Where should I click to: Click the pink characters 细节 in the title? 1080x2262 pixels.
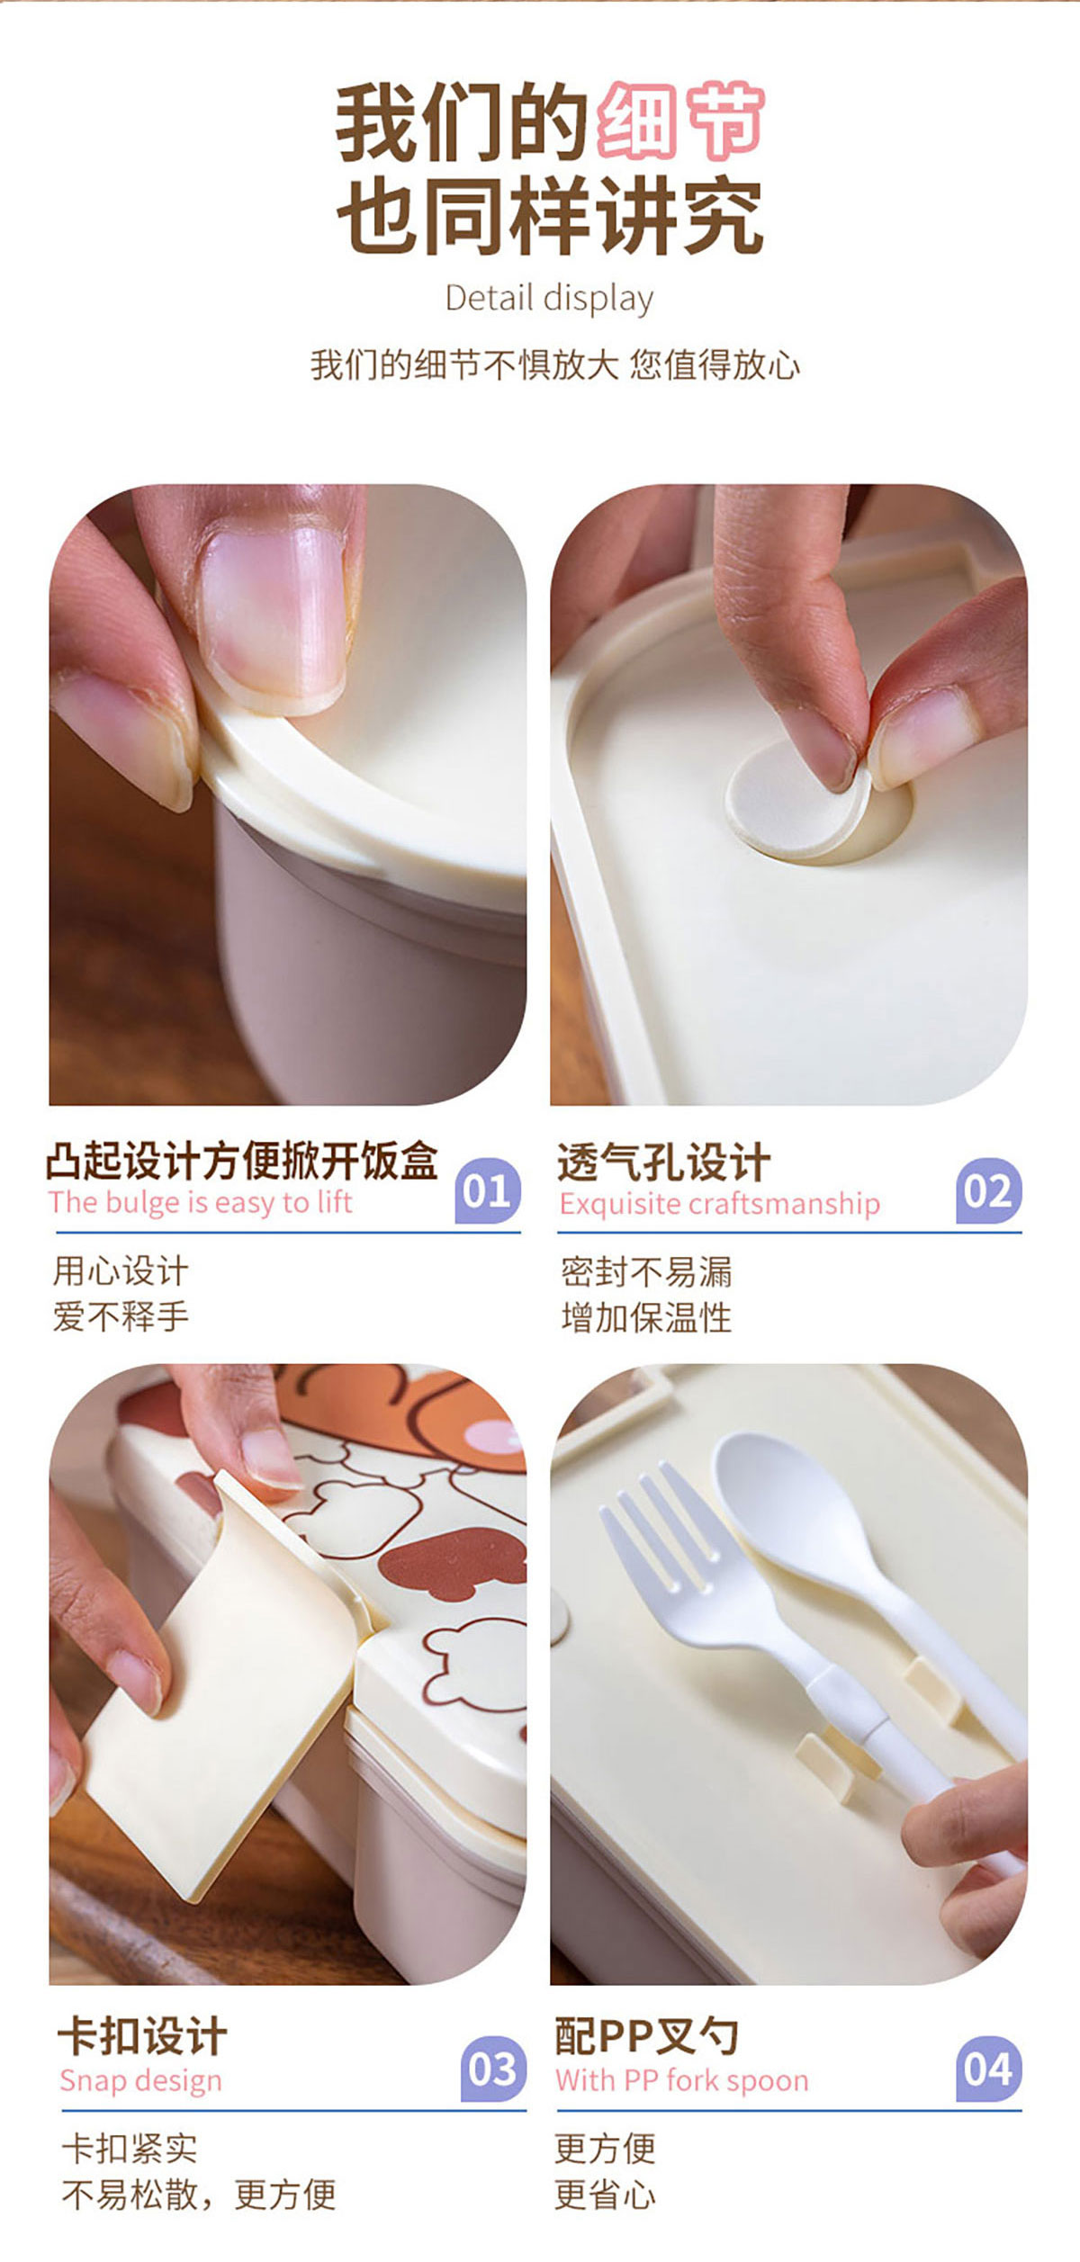pos(681,121)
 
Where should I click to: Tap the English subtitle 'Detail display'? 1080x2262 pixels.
pos(549,299)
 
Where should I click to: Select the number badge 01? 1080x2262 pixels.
pos(488,1190)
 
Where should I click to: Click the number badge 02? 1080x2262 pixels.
pos(989,1190)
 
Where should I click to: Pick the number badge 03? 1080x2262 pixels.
pos(493,2069)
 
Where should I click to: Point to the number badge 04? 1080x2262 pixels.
pos(989,2069)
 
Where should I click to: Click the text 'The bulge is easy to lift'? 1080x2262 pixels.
pos(201,1203)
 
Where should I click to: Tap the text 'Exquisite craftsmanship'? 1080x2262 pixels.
pos(719,1204)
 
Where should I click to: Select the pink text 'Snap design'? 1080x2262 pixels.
pos(140,2081)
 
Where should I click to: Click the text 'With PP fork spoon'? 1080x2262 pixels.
pos(682,2080)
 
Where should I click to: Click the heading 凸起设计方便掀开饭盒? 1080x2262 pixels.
pos(242,1160)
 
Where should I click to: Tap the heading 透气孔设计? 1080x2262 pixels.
pos(663,1162)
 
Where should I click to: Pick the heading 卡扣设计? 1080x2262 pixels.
pos(142,2035)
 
